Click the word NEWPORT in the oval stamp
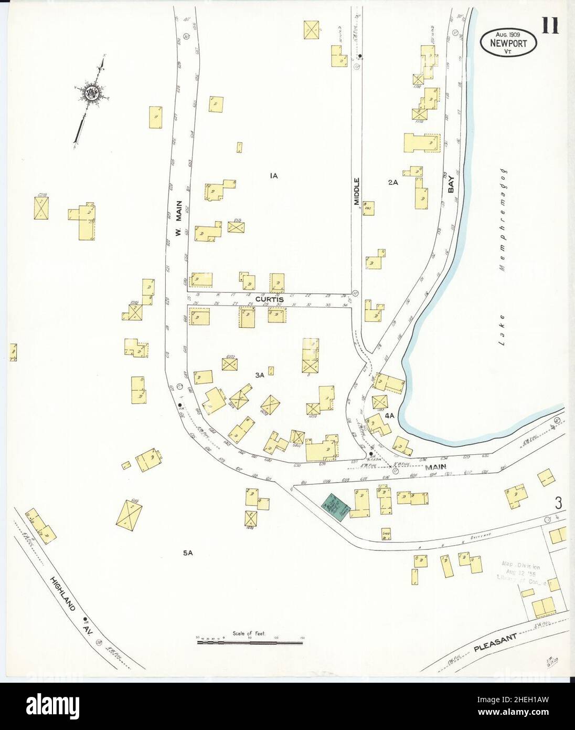pos(508,44)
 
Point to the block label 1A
pos(273,176)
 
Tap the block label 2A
pos(393,182)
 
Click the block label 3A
pos(259,375)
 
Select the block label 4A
pos(389,415)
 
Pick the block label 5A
pos(188,553)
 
